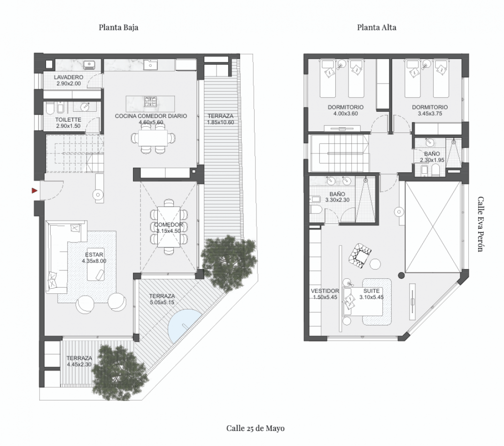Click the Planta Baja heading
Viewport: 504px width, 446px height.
pos(119,27)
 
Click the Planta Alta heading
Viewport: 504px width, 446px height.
pos(377,27)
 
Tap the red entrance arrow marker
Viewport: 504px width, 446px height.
pos(34,191)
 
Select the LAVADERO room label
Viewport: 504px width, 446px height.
pos(69,77)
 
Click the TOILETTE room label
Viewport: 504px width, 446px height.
pos(68,120)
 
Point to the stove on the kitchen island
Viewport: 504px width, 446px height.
pos(150,101)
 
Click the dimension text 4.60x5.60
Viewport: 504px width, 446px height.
pos(151,123)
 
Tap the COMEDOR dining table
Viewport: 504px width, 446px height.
pos(169,227)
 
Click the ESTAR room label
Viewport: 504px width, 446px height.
pos(94,255)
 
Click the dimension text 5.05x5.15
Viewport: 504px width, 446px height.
pos(162,302)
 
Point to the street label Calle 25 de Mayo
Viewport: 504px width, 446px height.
pos(256,428)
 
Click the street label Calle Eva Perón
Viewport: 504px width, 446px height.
pos(481,224)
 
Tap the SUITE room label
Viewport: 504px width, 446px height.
pos(372,291)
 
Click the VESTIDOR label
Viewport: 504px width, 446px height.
pos(325,291)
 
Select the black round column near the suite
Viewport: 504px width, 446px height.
pos(401,276)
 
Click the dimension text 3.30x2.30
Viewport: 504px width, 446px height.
pos(337,200)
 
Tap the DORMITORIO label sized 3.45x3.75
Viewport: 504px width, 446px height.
pos(430,108)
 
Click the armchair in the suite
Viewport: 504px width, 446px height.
pos(360,255)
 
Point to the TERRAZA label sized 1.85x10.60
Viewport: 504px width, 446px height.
pos(220,116)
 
